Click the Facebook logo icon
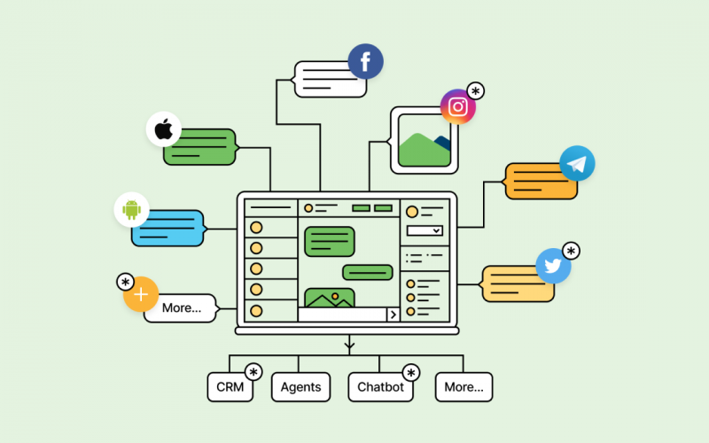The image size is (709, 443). coord(365,62)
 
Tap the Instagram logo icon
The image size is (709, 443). coord(458,107)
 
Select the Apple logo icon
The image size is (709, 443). coord(163,129)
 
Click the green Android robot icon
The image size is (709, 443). coord(132,210)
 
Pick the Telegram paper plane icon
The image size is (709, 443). coord(577,164)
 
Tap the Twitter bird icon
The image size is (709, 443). coord(553,266)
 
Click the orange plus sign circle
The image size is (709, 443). coord(140,294)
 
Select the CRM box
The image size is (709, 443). coord(230,387)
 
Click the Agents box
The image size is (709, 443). coord(300,387)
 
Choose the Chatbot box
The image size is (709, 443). coord(380,387)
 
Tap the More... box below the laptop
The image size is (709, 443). coord(464,387)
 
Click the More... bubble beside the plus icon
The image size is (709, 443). coord(182,308)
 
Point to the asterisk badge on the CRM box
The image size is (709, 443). coord(254,372)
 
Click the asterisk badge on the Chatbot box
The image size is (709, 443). coord(411,372)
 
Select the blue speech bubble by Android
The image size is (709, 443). coord(168,229)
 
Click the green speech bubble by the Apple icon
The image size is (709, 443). coord(199,147)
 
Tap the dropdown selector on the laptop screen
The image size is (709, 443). coord(425,230)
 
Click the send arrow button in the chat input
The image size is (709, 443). coord(393,315)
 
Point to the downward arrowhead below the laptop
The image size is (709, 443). coord(350,344)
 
